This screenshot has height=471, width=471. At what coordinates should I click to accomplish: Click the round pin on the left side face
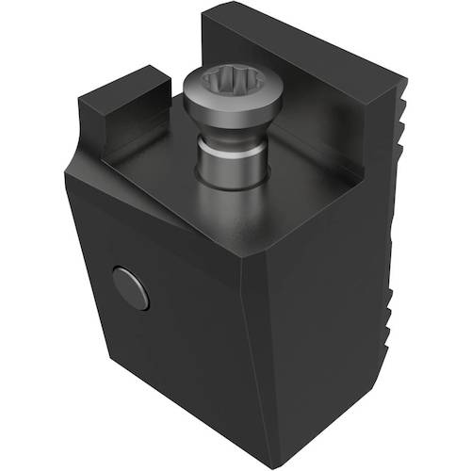(x=130, y=288)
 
